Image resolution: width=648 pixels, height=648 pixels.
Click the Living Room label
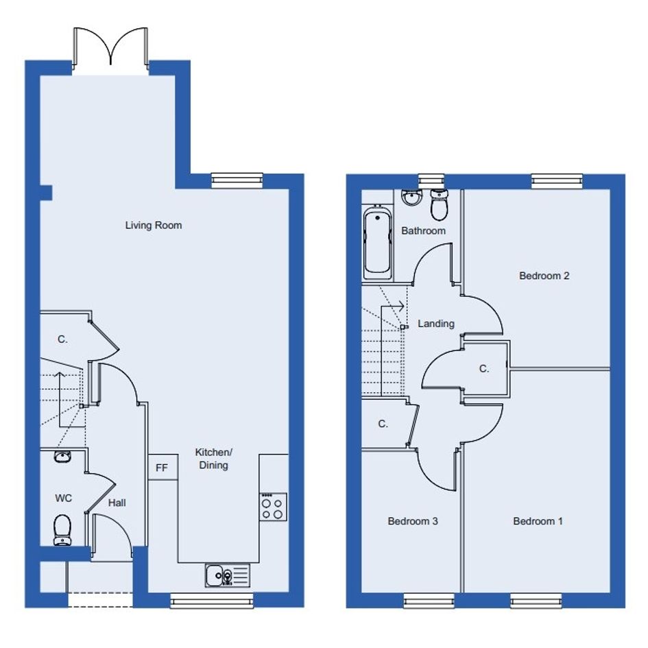(x=154, y=225)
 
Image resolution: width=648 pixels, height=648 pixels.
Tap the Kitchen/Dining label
(x=213, y=459)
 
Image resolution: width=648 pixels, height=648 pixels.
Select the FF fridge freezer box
(x=163, y=468)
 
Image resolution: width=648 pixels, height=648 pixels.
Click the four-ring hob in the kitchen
(x=273, y=507)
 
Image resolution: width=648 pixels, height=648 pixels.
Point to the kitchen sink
(x=227, y=576)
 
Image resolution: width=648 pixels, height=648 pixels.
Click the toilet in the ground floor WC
(x=62, y=530)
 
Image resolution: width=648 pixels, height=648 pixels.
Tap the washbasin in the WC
(x=62, y=456)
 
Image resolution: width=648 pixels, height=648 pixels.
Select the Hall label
(x=117, y=503)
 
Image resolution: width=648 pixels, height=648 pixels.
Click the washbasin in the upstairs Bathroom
(x=411, y=197)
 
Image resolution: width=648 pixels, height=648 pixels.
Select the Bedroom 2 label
(x=544, y=276)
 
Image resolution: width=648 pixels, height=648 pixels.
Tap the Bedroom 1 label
(x=538, y=521)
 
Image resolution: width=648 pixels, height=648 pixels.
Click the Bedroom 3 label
(x=412, y=521)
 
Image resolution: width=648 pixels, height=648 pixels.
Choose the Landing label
(x=436, y=324)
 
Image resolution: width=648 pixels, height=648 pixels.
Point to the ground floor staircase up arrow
(x=60, y=399)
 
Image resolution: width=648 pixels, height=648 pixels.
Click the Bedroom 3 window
(x=429, y=601)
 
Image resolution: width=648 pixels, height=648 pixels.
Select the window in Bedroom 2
(x=557, y=181)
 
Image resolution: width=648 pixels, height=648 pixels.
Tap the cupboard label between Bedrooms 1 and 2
(x=484, y=368)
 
